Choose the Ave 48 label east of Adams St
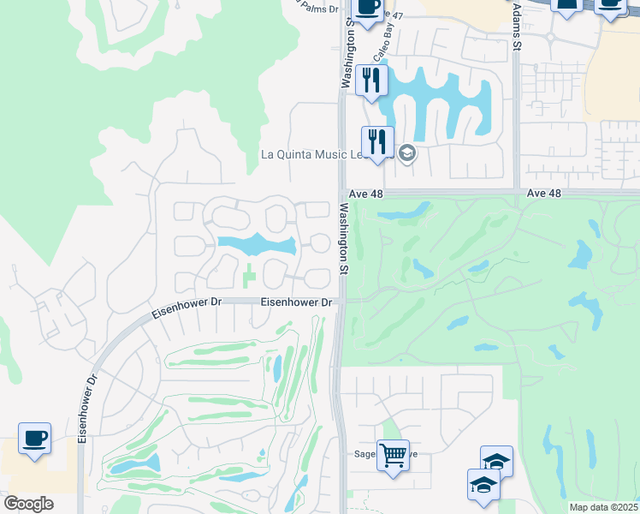pyautogui.click(x=544, y=194)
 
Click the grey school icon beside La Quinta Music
pyautogui.click(x=407, y=154)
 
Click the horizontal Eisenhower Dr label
pyautogui.click(x=296, y=302)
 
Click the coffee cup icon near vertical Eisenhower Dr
pyautogui.click(x=34, y=438)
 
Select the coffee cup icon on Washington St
pyautogui.click(x=368, y=8)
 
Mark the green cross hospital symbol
pyautogui.click(x=249, y=277)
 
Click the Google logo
pyautogui.click(x=27, y=504)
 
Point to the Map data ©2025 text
pyautogui.click(x=603, y=507)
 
